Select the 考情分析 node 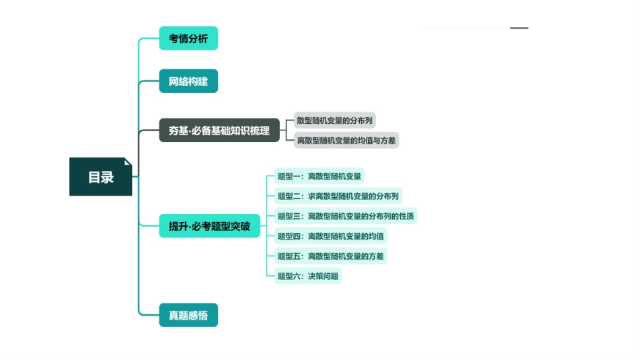(x=188, y=38)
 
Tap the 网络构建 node (x=188, y=81)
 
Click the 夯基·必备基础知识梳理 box (x=219, y=131)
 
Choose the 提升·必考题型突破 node (x=209, y=226)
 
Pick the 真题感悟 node (x=188, y=315)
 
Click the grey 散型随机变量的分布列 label (x=334, y=120)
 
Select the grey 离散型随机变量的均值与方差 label (x=346, y=140)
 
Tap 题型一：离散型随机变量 (x=319, y=176)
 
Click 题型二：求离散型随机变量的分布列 (x=338, y=196)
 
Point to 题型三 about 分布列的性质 (x=346, y=216)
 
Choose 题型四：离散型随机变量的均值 (x=330, y=236)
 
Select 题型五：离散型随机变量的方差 (x=330, y=256)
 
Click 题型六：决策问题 (x=308, y=276)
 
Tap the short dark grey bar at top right (x=519, y=28)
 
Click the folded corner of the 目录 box (x=128, y=161)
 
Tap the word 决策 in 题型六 (x=315, y=276)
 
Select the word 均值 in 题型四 (x=376, y=236)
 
